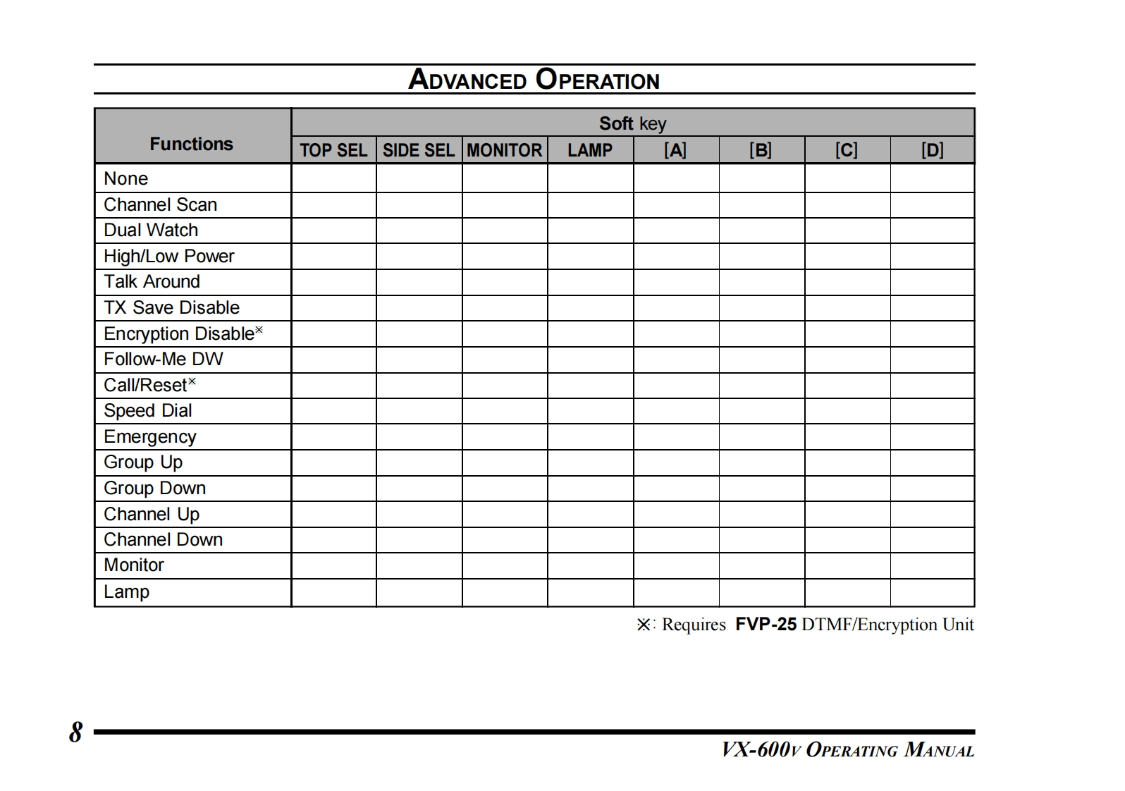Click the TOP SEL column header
333,150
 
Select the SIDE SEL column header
419,150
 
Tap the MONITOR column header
505,150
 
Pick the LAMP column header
590,150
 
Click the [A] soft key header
675,150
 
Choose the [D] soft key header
932,150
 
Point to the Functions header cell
191,144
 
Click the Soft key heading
632,123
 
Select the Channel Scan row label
160,204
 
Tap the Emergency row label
149,436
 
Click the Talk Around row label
152,281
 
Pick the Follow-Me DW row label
163,359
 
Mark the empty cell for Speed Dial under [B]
761,411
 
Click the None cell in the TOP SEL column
333,178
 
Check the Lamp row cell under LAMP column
590,592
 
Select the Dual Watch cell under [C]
847,231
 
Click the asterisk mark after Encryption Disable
259,329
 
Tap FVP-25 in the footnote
766,624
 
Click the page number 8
75,732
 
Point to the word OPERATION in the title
597,79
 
